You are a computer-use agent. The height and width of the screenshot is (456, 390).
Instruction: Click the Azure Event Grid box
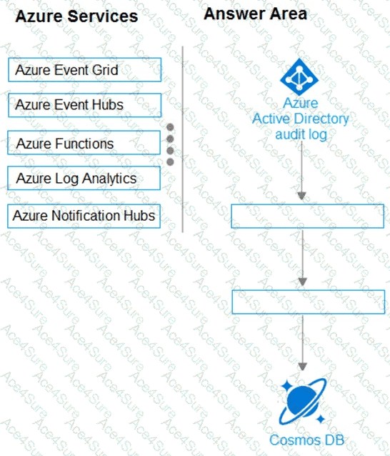click(84, 70)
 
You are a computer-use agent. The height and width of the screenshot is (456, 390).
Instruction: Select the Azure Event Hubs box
click(84, 105)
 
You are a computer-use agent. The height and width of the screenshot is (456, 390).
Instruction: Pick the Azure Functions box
click(84, 143)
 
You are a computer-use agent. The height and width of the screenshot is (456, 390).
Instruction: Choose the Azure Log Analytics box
click(84, 178)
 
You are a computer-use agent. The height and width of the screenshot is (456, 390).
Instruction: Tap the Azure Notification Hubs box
click(84, 216)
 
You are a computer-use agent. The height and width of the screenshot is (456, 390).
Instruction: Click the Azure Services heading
click(76, 16)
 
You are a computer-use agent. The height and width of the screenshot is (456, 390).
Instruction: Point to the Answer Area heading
click(256, 14)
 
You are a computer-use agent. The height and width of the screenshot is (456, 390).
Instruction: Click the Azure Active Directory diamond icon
click(299, 76)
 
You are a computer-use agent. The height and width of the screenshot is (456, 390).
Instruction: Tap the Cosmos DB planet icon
click(303, 402)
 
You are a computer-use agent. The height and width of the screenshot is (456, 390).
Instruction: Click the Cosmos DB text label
click(306, 440)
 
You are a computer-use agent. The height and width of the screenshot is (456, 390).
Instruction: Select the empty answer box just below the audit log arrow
click(307, 216)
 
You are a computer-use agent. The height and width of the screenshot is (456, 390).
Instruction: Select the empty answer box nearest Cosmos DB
click(309, 302)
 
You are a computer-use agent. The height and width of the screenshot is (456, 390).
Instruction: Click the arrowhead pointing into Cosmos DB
click(303, 367)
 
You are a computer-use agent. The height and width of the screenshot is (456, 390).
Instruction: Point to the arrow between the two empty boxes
click(303, 258)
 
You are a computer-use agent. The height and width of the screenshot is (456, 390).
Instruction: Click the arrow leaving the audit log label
click(301, 171)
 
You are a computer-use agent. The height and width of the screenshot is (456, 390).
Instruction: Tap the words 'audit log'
click(301, 134)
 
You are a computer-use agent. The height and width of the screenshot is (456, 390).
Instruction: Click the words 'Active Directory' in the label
click(301, 119)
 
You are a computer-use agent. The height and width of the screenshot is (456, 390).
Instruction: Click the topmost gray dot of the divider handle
click(170, 127)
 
